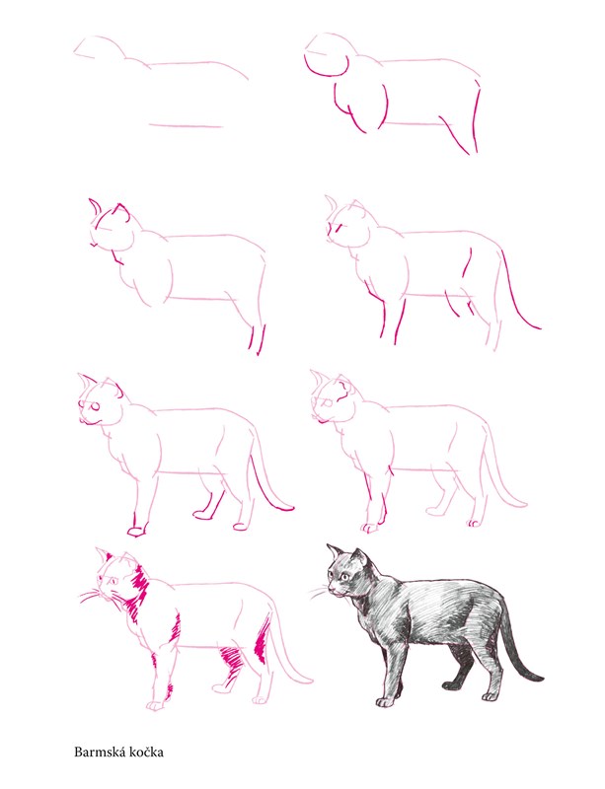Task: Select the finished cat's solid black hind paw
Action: click(x=453, y=684)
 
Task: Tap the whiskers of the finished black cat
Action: click(x=318, y=593)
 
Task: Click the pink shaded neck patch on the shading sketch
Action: click(x=137, y=592)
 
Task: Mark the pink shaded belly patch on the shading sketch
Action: click(x=231, y=658)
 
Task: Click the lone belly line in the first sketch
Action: click(x=187, y=125)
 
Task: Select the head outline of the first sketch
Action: click(x=101, y=46)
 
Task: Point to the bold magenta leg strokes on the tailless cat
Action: click(x=257, y=339)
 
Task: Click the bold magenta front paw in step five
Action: click(x=137, y=529)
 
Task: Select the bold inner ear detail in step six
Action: click(x=342, y=390)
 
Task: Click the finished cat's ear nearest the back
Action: click(x=359, y=557)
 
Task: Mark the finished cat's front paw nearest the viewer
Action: click(x=385, y=702)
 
